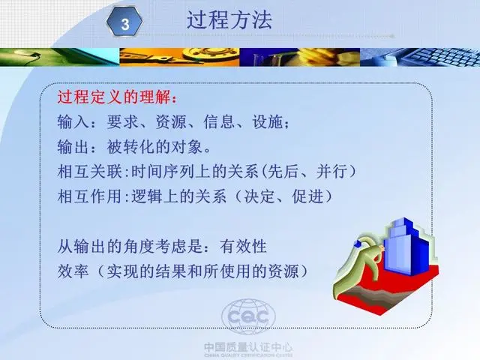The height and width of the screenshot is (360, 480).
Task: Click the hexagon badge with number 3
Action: coord(124,22)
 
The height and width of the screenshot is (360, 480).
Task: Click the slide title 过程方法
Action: coord(229,20)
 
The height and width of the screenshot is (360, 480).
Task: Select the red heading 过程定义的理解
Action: coord(114,97)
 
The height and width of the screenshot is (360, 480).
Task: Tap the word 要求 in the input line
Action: coord(122,121)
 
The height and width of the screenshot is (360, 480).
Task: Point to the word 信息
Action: coord(219,121)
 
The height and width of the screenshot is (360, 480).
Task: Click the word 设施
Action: coord(268,121)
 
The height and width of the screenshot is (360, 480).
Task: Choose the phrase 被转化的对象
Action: coord(154,147)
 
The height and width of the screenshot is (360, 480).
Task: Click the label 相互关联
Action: coord(90,171)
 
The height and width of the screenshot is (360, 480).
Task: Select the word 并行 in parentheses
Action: coord(332,171)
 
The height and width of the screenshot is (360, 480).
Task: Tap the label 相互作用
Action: coord(90,196)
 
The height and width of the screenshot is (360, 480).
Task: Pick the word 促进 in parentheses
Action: coord(307,196)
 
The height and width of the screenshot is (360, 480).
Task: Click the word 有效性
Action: coord(243,246)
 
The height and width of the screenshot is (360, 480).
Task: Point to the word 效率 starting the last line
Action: coord(73,271)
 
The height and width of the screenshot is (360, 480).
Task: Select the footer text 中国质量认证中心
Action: coord(248,347)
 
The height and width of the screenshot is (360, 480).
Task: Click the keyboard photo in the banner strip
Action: coord(420,57)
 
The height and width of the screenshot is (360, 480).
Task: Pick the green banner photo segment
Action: coord(60,57)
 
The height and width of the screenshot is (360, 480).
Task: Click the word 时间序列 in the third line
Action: coord(163,171)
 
